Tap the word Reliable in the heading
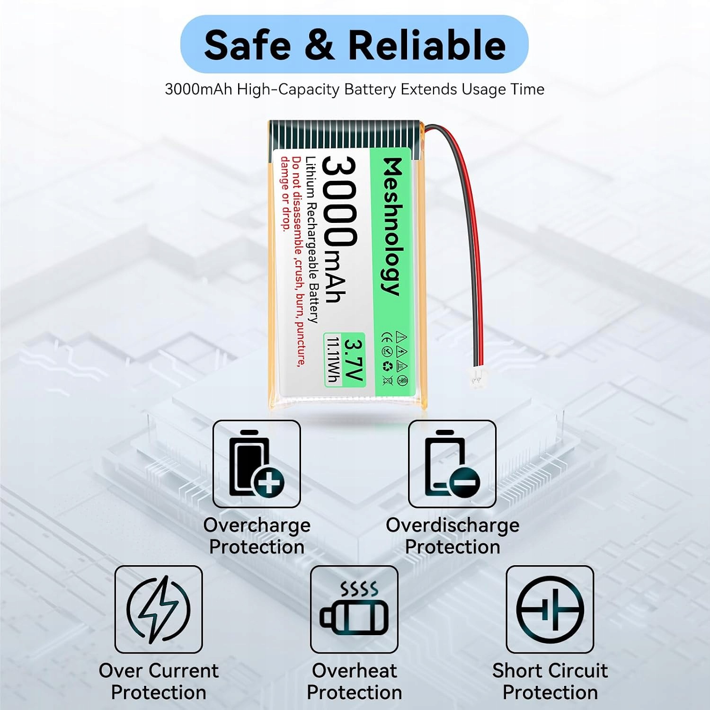tap(427, 44)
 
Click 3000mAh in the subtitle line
tap(198, 89)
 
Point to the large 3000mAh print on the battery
tap(339, 230)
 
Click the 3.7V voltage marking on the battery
tap(353, 359)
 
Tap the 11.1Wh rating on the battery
tap(334, 360)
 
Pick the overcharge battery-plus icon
tap(257, 464)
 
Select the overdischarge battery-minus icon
tap(452, 464)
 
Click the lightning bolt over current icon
tap(159, 609)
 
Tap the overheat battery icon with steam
tap(354, 609)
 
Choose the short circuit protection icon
tap(550, 609)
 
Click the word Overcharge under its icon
tap(257, 525)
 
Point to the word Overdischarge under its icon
tap(453, 525)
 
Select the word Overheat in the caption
tap(354, 671)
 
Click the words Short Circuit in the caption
tap(550, 671)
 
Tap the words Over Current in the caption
tap(159, 671)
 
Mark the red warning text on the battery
tap(293, 261)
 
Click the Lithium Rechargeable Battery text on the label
tap(311, 240)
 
